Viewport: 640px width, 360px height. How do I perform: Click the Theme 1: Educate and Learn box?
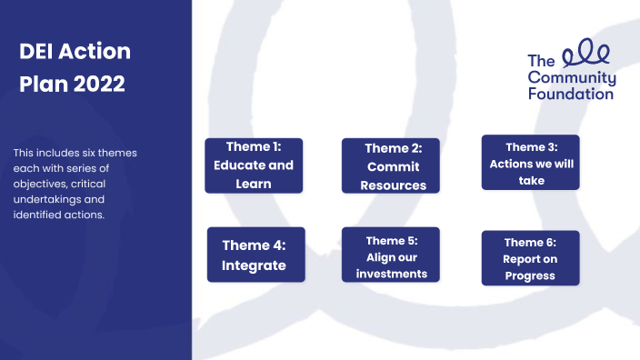pos(254,165)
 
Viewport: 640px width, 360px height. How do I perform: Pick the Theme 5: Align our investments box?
pos(391,256)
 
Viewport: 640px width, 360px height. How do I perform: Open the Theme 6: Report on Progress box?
pos(531,259)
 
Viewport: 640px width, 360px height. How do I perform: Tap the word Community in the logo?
pos(572,77)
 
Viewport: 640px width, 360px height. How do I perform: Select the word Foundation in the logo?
pos(570,93)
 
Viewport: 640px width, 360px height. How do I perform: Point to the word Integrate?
pos(254,265)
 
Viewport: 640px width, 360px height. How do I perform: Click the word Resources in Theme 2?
pos(393,185)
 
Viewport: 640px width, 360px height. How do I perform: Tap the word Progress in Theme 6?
pos(531,276)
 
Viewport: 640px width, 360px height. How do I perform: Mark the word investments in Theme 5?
pos(391,274)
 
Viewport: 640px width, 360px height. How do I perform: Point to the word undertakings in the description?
pos(46,199)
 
